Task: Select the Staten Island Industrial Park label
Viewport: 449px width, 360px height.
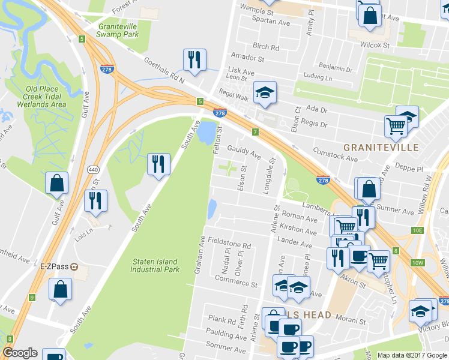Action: coord(155,265)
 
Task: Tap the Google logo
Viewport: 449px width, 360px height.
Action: coord(20,353)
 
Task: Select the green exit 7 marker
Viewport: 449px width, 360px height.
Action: coord(255,131)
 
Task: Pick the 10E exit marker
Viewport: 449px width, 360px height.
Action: coord(418,230)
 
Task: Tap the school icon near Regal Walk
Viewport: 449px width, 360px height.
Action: coord(264,92)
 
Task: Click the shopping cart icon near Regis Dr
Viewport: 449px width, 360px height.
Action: coord(396,125)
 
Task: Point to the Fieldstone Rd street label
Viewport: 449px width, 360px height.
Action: coord(229,245)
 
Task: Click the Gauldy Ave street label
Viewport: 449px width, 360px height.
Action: coord(243,151)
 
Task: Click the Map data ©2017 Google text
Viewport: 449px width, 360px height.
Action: coord(412,355)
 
